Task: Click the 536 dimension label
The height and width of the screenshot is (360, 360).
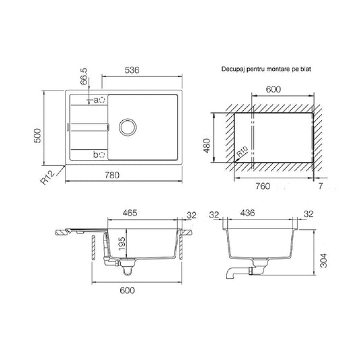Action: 132,70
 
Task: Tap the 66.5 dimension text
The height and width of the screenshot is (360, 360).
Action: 84,76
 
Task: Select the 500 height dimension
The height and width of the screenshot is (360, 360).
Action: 37,136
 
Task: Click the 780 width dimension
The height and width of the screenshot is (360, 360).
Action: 112,175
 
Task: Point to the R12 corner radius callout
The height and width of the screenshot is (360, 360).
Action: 48,178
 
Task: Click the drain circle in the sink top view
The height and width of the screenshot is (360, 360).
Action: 128,127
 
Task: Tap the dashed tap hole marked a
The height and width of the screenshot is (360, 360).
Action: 102,100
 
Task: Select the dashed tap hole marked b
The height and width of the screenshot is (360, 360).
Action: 102,155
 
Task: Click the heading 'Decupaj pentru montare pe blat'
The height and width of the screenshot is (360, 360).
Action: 266,69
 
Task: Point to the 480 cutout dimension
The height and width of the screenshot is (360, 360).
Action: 207,146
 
